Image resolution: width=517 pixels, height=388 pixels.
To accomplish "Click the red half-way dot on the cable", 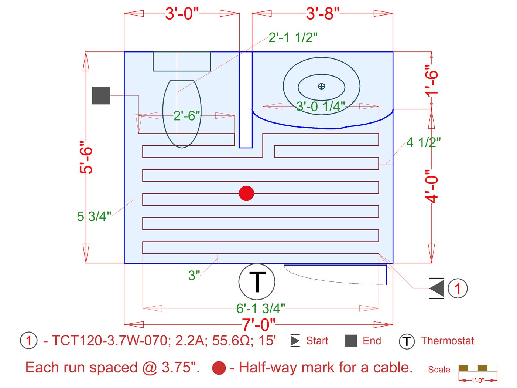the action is click(x=246, y=193).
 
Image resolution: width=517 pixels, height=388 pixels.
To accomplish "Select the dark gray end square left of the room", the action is click(x=101, y=95).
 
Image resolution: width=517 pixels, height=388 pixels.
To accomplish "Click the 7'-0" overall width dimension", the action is click(x=258, y=324).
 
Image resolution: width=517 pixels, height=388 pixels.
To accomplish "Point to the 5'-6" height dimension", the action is click(x=86, y=158).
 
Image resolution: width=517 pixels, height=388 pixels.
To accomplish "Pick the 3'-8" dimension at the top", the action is click(x=322, y=13).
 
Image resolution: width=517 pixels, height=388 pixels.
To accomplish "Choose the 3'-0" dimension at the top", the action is click(x=182, y=13).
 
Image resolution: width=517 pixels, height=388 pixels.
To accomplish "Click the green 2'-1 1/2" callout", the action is click(x=293, y=37).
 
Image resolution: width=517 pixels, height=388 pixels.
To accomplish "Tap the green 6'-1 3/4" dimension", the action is click(x=260, y=308).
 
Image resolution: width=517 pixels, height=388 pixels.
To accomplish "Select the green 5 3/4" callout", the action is click(x=94, y=216).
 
